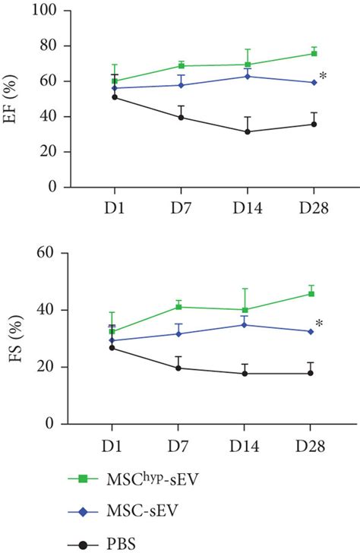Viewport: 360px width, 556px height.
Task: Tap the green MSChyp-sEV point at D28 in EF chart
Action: point(313,53)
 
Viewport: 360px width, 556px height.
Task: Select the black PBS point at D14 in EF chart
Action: point(248,131)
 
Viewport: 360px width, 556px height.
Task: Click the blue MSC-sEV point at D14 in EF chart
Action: point(248,76)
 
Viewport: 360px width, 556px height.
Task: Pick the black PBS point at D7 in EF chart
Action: point(181,117)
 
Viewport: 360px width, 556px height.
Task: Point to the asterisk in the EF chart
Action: point(324,77)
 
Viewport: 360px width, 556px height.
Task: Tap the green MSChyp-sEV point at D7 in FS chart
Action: point(179,307)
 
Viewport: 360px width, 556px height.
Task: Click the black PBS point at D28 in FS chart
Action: point(311,373)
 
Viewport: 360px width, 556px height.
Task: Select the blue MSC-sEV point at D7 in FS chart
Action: point(179,333)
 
